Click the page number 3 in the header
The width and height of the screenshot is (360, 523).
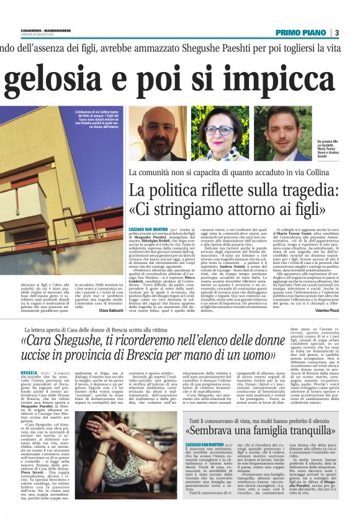336,32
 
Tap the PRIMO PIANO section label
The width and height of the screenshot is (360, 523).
302,32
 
